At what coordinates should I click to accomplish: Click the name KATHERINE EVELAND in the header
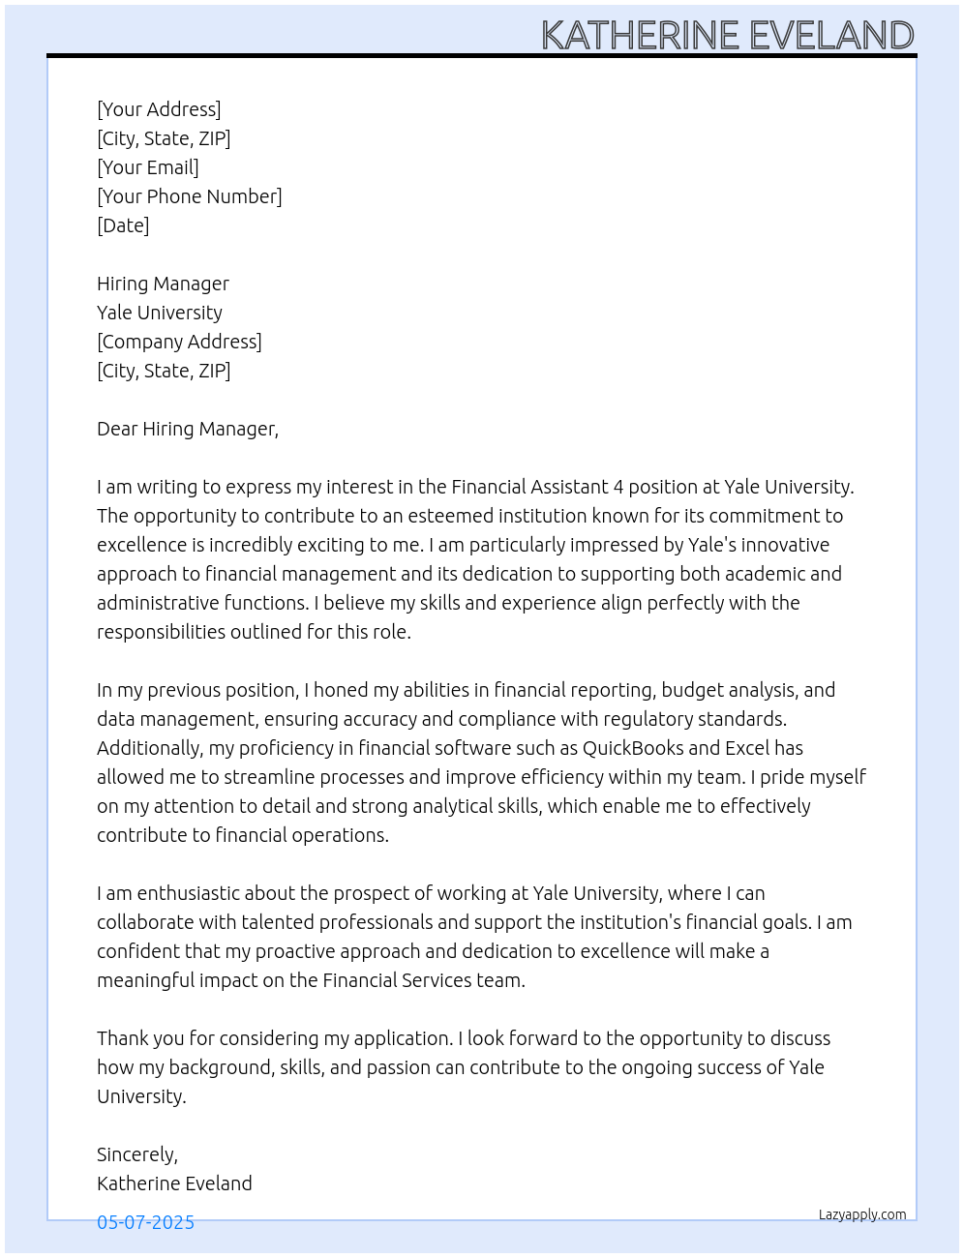coord(727,35)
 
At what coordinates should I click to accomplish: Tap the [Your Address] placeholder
coord(159,109)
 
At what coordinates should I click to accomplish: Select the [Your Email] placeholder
coord(148,167)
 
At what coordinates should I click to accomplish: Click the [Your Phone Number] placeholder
coord(190,196)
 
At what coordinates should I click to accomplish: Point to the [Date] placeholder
coord(123,225)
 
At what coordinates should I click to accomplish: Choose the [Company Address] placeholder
coord(179,342)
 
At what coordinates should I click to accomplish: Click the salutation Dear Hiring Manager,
coord(188,429)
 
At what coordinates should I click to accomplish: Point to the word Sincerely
coord(136,1154)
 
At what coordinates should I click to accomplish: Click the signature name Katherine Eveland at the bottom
coord(174,1183)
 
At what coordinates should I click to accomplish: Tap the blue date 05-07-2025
coord(145,1222)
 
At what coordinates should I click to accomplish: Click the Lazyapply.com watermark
coord(862,1214)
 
